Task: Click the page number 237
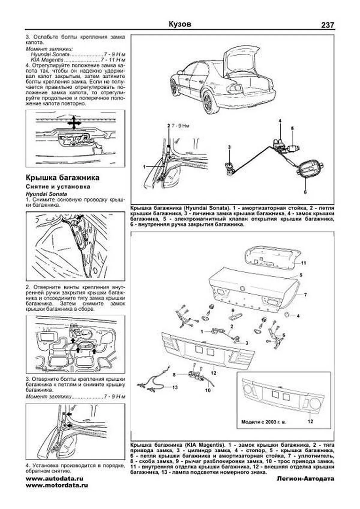tap(327, 25)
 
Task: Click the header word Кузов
tap(180, 24)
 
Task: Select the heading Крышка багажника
tap(62, 178)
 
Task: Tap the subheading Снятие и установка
tap(58, 187)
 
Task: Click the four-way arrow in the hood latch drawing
tap(74, 123)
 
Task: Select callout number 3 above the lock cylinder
tap(229, 147)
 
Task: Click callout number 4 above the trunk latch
tap(280, 121)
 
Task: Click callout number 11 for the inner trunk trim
tap(303, 263)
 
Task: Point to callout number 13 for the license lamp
tap(175, 387)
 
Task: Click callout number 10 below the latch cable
tap(208, 390)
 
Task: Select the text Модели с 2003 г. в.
tap(264, 422)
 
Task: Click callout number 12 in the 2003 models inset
tap(310, 421)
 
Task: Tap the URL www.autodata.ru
tap(55, 479)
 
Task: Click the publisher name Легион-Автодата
tap(305, 479)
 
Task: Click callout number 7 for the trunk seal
tap(305, 295)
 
